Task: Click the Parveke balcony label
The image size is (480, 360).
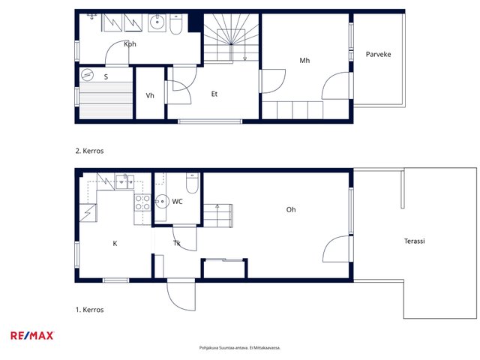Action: tap(378, 54)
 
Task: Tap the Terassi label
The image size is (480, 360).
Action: tap(415, 241)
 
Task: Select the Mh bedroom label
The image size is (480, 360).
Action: tap(304, 60)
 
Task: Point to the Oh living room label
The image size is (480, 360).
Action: tap(291, 210)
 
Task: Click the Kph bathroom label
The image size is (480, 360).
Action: tap(130, 44)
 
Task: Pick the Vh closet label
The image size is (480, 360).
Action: tap(150, 95)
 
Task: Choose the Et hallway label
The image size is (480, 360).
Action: tap(214, 94)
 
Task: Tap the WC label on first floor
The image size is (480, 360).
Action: tap(177, 202)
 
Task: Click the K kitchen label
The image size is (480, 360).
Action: tap(115, 243)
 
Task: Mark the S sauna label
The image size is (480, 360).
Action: tap(106, 76)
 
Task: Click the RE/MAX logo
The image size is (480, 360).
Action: tap(32, 336)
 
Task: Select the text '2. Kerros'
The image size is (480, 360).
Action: tap(89, 151)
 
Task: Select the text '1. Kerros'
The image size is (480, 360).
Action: tap(90, 310)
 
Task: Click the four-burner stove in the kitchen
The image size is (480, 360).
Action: tap(142, 202)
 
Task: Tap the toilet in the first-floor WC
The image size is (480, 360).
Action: tap(192, 183)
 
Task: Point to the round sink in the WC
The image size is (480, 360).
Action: tap(162, 202)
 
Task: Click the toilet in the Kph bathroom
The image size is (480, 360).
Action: tap(175, 24)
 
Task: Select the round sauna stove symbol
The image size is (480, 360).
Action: tap(87, 74)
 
